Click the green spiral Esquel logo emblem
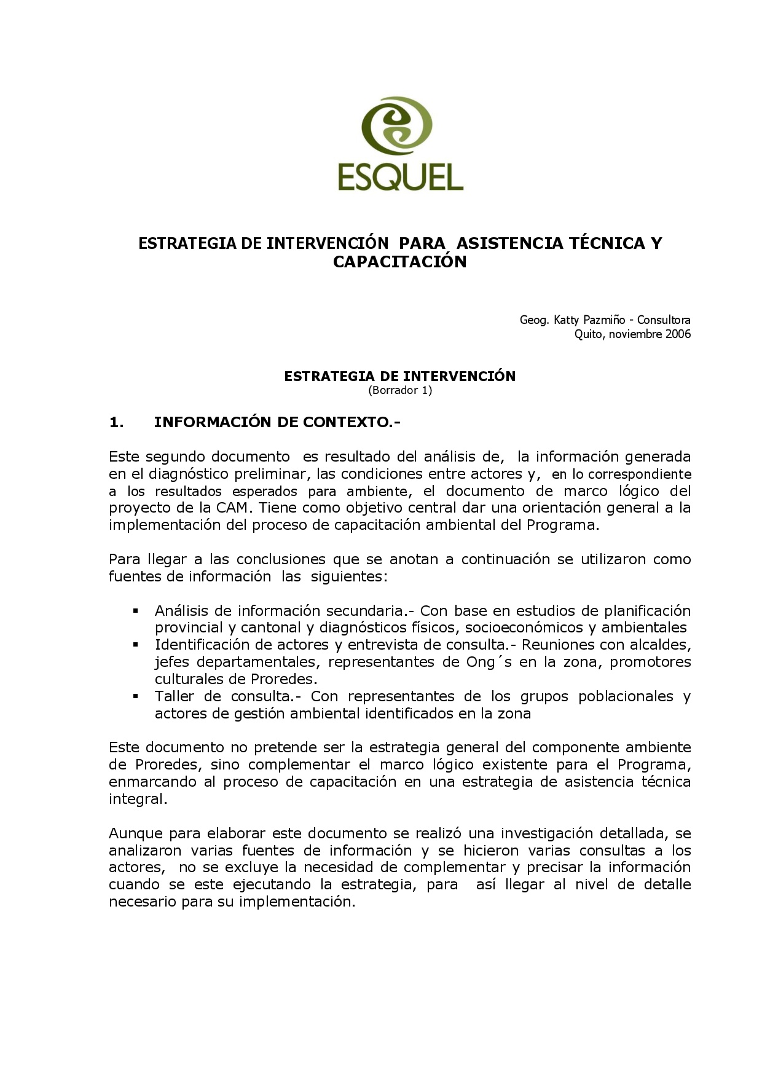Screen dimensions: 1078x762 (396, 127)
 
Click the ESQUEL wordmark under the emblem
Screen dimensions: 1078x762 (400, 176)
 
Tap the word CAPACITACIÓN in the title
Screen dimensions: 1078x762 (400, 262)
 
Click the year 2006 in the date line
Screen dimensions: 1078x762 (678, 334)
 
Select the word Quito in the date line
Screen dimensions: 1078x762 (588, 334)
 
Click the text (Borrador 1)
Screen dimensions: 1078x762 (400, 390)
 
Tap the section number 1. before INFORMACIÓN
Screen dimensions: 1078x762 (116, 422)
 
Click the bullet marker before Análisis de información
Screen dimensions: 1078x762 (136, 611)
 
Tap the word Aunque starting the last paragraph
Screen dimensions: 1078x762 (136, 834)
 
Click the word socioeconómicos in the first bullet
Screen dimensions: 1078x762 (524, 628)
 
